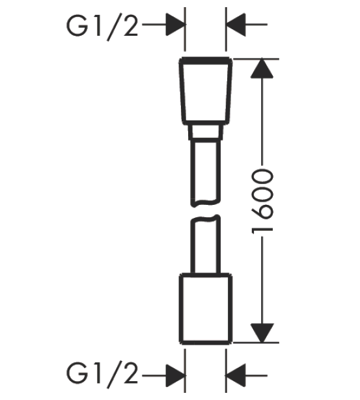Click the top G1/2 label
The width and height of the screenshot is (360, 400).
click(x=102, y=26)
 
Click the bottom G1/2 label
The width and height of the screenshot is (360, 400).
click(x=102, y=375)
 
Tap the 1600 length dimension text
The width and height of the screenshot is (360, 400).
click(x=262, y=201)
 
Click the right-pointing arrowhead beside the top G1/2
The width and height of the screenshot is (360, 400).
click(x=175, y=25)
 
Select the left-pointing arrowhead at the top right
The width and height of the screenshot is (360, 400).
click(x=236, y=25)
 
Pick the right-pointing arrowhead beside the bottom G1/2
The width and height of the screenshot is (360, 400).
click(x=175, y=375)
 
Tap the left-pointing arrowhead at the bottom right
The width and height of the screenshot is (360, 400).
click(x=236, y=375)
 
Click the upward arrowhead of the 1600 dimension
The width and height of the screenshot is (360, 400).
click(x=262, y=68)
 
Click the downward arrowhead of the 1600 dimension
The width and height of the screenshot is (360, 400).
click(x=262, y=333)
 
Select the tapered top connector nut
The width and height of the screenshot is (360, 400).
click(x=206, y=91)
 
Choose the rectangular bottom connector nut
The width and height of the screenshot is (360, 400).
click(x=206, y=309)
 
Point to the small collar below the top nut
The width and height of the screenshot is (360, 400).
click(x=206, y=132)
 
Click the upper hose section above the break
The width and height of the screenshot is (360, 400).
click(x=206, y=173)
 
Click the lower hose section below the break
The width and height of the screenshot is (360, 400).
click(x=206, y=245)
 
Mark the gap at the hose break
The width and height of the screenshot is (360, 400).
click(x=206, y=211)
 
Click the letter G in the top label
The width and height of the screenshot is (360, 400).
click(x=77, y=26)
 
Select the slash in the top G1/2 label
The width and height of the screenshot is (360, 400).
click(x=113, y=27)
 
